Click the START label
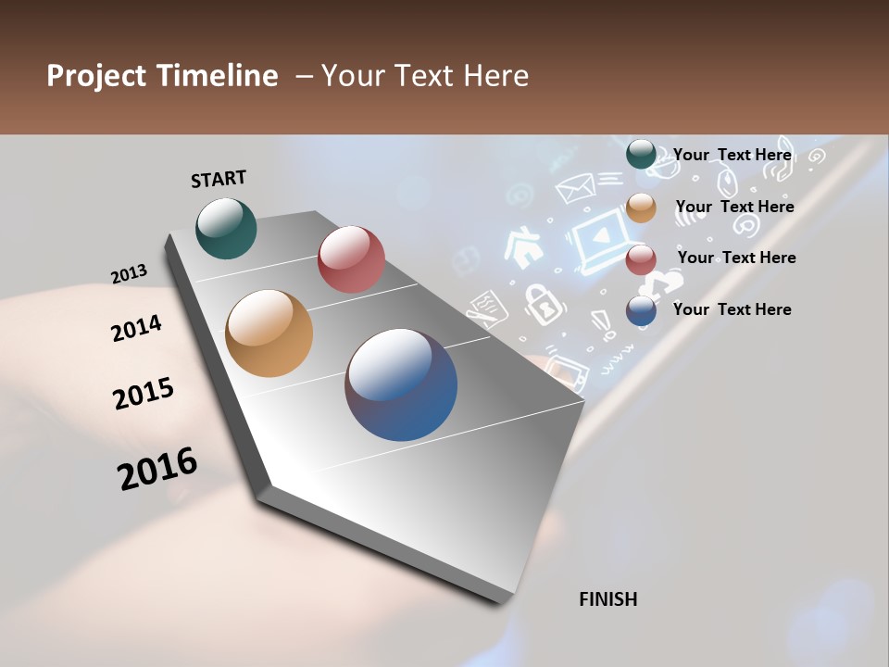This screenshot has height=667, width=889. tap(219, 179)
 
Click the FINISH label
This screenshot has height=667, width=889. tap(607, 599)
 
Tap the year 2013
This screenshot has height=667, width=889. tap(129, 274)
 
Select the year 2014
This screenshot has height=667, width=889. tap(136, 328)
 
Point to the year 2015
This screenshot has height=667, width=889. tap(144, 393)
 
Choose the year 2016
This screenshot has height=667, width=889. tap(157, 469)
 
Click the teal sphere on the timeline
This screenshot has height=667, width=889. tap(226, 228)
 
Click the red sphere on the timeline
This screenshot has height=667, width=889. tap(351, 258)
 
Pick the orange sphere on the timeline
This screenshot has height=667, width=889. tap(269, 333)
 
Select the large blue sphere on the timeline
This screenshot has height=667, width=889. tap(401, 384)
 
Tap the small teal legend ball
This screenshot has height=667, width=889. tap(641, 155)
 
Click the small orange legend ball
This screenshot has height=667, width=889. tap(641, 208)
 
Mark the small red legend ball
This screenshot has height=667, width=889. tap(641, 259)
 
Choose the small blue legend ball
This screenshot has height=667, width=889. tap(641, 310)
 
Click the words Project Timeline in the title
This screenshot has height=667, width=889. tap(162, 76)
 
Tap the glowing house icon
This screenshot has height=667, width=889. tap(523, 247)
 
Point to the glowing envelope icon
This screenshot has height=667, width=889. tap(574, 189)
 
